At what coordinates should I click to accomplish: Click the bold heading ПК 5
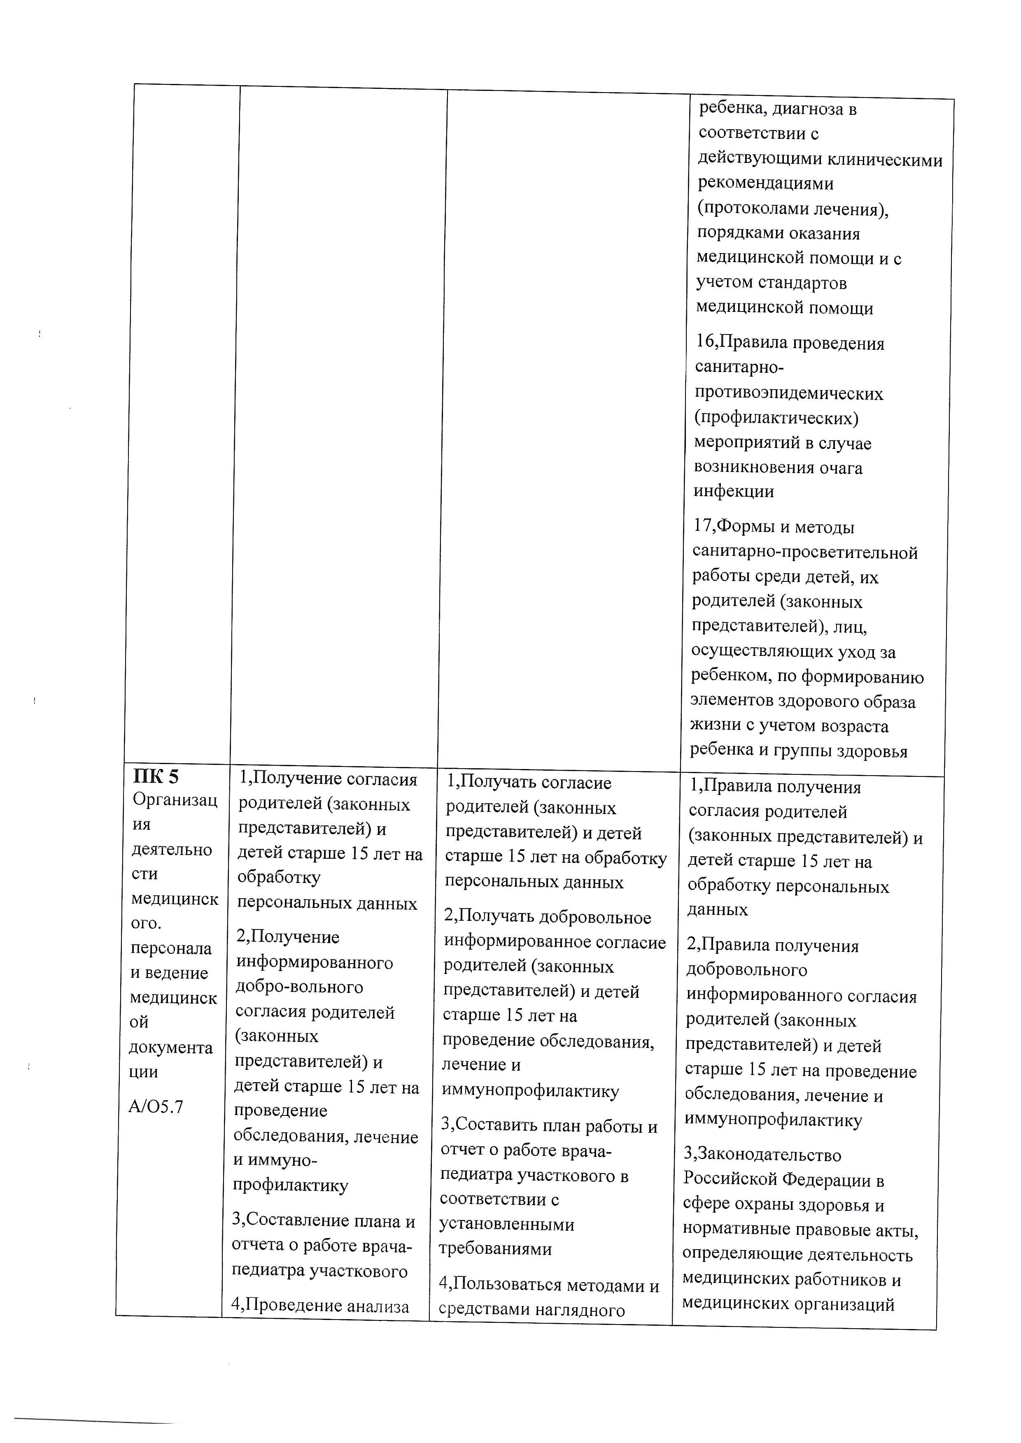coord(156,777)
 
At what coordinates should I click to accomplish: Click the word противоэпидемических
coord(788,393)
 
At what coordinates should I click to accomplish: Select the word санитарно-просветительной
coord(805,553)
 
